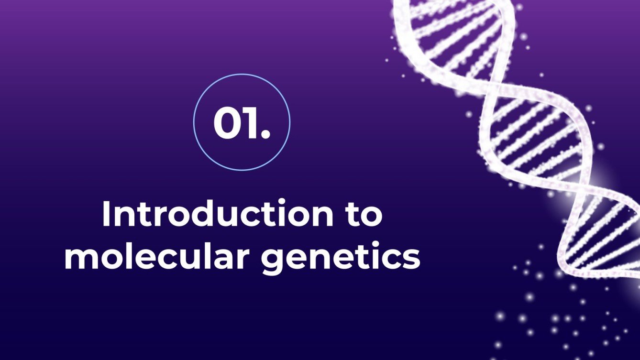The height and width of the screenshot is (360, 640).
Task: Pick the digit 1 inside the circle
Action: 250,123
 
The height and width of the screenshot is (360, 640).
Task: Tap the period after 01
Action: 265,135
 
